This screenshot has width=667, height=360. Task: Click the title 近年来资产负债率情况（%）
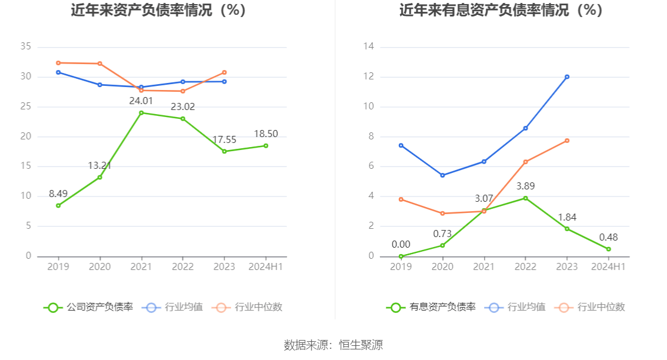[x=158, y=11]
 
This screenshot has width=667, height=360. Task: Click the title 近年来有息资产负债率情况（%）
[x=501, y=11]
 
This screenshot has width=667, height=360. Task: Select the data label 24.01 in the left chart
[x=141, y=101]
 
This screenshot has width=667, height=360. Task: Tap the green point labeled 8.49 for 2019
[x=58, y=205]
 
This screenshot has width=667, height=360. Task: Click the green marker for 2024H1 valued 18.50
[x=265, y=146]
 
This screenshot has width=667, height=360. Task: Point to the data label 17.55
[x=224, y=139]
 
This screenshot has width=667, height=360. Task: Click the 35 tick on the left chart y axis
[x=25, y=47]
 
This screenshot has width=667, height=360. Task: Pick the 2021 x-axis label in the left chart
[x=141, y=266]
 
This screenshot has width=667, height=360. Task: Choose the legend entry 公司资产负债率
[x=88, y=307]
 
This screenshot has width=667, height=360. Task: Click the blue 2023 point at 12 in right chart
[x=567, y=76]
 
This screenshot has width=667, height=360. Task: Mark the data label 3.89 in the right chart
[x=525, y=186]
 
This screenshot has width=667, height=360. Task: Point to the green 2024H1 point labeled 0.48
[x=608, y=249]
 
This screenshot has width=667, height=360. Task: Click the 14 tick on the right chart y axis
[x=371, y=47]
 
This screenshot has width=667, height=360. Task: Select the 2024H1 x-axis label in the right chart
[x=608, y=266]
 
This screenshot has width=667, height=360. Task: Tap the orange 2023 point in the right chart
[x=567, y=141]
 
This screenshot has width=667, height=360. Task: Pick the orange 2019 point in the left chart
[x=58, y=62]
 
